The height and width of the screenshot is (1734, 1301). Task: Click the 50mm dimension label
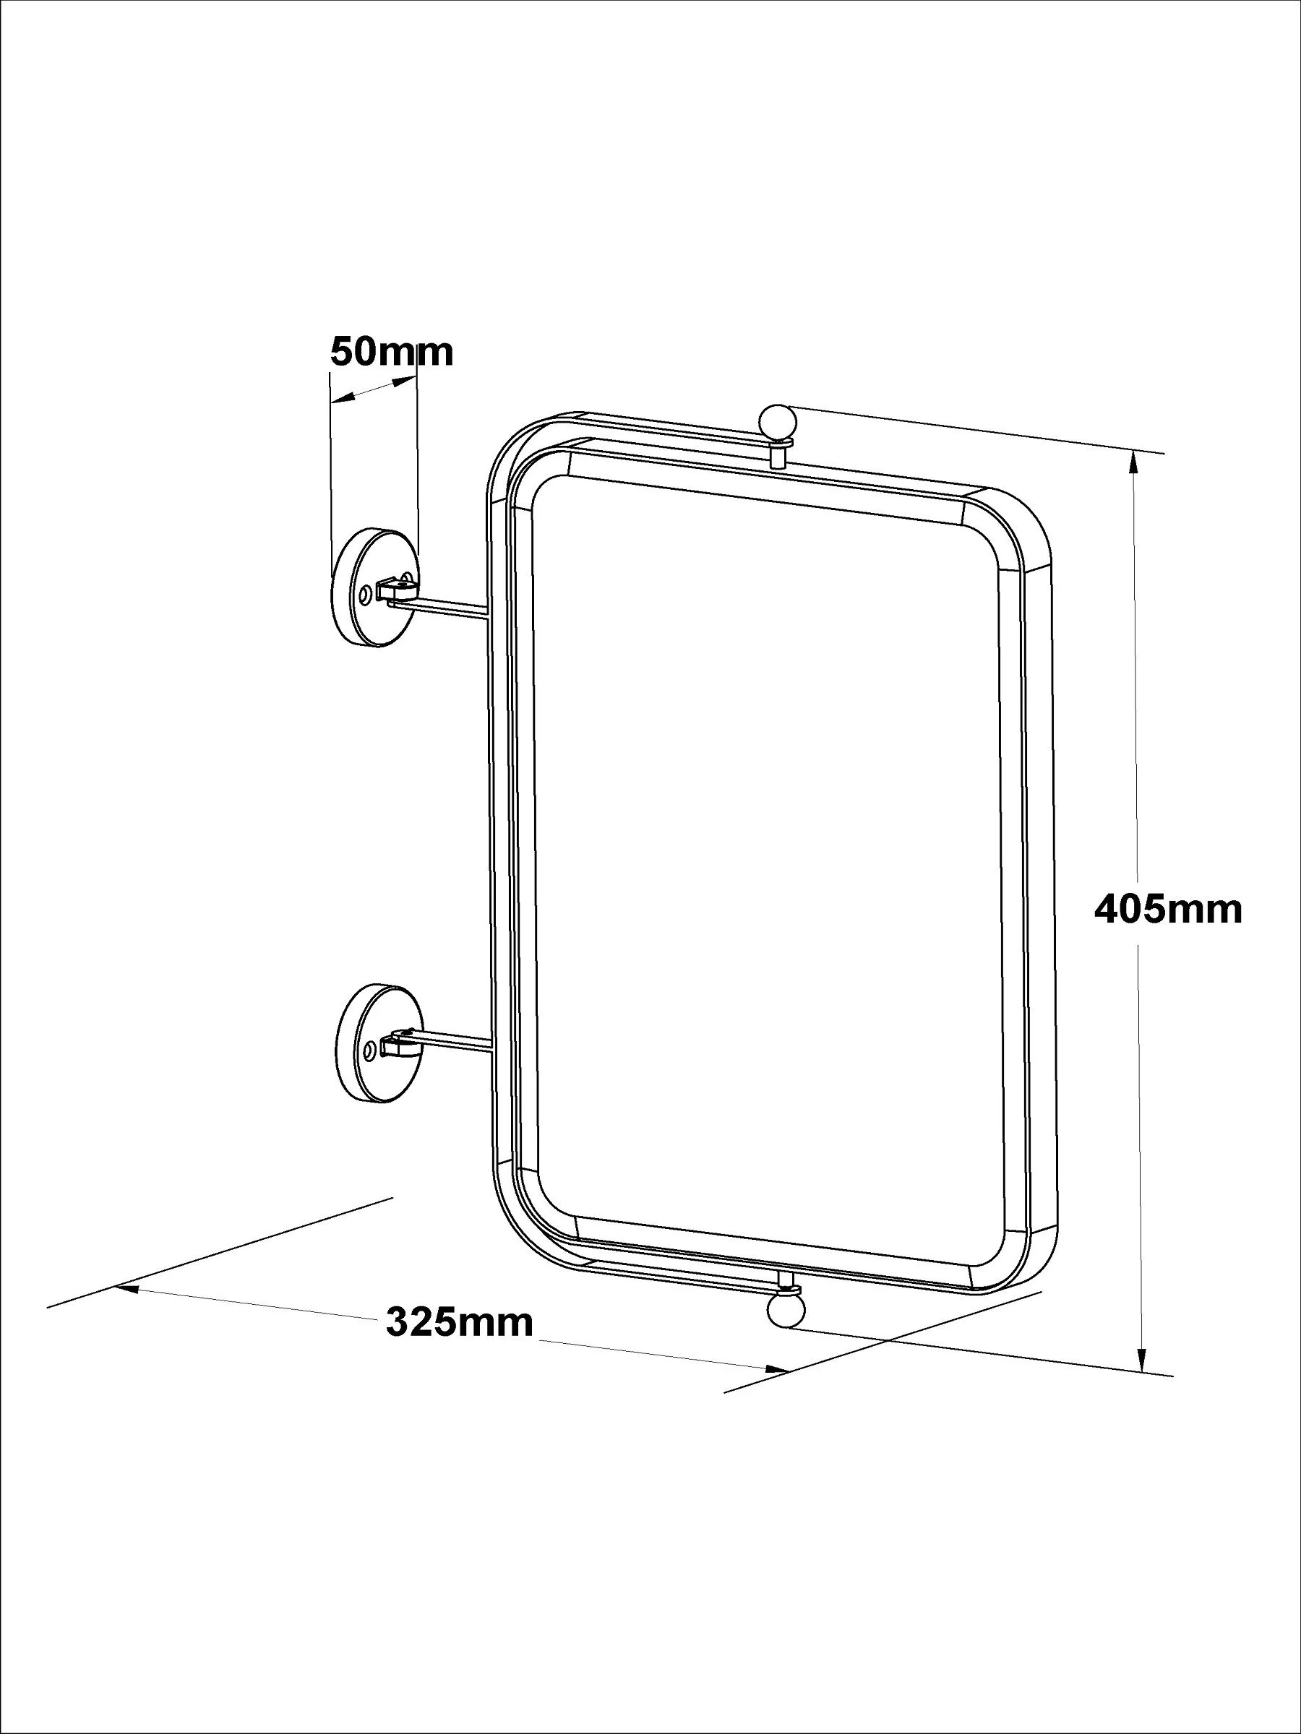tap(391, 352)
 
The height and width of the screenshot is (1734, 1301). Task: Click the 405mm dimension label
tap(1168, 910)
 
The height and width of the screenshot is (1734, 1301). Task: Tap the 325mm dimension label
tap(460, 1322)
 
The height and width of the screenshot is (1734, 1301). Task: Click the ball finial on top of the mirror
tap(777, 423)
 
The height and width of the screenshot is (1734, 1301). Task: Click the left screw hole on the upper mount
tap(366, 596)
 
